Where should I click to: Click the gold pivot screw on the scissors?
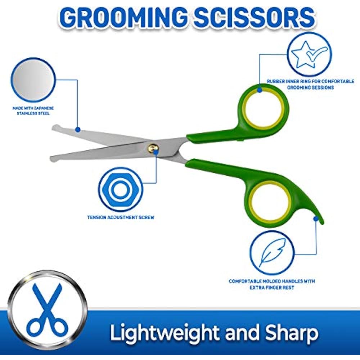click(x=153, y=148)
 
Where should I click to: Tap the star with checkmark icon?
click(x=309, y=54)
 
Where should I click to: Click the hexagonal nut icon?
click(x=120, y=190)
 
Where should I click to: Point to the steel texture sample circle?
click(x=33, y=80)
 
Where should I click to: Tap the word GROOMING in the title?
click(x=124, y=17)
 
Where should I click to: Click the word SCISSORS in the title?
click(x=255, y=17)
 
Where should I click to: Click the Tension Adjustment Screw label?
click(x=121, y=217)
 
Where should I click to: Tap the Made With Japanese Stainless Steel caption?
click(x=33, y=111)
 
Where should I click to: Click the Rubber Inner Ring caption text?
click(x=310, y=84)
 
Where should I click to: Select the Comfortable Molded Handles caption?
click(x=272, y=284)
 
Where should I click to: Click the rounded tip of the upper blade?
click(x=55, y=128)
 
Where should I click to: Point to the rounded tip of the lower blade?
click(x=54, y=158)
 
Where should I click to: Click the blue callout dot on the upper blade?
click(x=78, y=130)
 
